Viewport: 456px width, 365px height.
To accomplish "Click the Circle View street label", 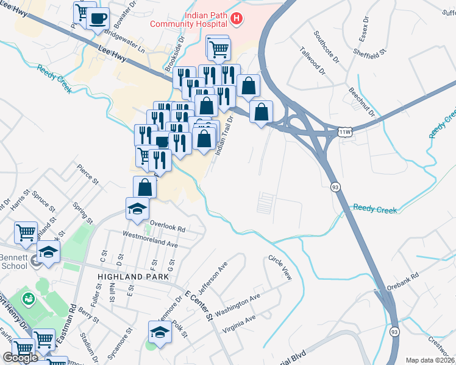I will (x=280, y=268).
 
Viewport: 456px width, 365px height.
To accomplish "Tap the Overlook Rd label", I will (x=167, y=226).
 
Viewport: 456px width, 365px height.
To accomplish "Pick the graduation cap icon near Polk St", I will (x=159, y=332).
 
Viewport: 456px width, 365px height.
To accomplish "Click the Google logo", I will (x=20, y=358).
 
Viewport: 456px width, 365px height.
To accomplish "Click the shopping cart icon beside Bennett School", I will (x=26, y=232).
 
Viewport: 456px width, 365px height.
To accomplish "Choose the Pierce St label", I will (x=87, y=174).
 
